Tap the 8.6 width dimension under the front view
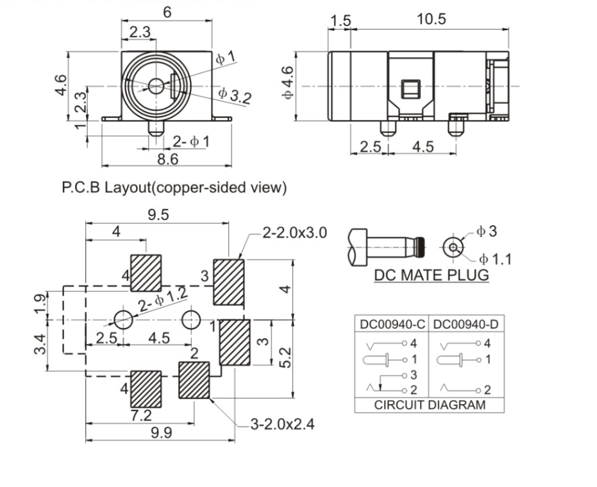[x=168, y=158]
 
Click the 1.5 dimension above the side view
[x=340, y=21]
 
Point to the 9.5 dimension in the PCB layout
[x=158, y=216]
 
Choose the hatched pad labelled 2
[x=194, y=380]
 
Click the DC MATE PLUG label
[x=431, y=275]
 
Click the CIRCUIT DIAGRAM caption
[x=430, y=405]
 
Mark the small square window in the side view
[x=409, y=89]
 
